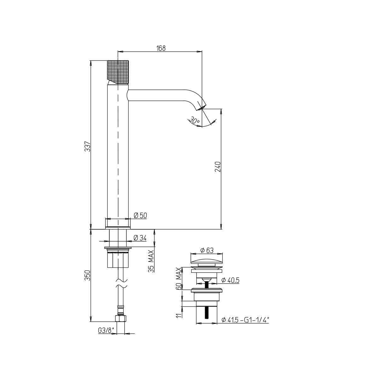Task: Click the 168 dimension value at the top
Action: click(x=161, y=48)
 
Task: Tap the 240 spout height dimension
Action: click(x=218, y=167)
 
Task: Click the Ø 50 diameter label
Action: click(x=140, y=215)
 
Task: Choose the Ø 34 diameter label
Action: click(x=140, y=238)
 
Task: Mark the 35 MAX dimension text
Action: click(x=151, y=261)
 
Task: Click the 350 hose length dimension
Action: click(x=88, y=275)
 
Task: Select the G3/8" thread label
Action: click(x=106, y=331)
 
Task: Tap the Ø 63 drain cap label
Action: click(x=207, y=250)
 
